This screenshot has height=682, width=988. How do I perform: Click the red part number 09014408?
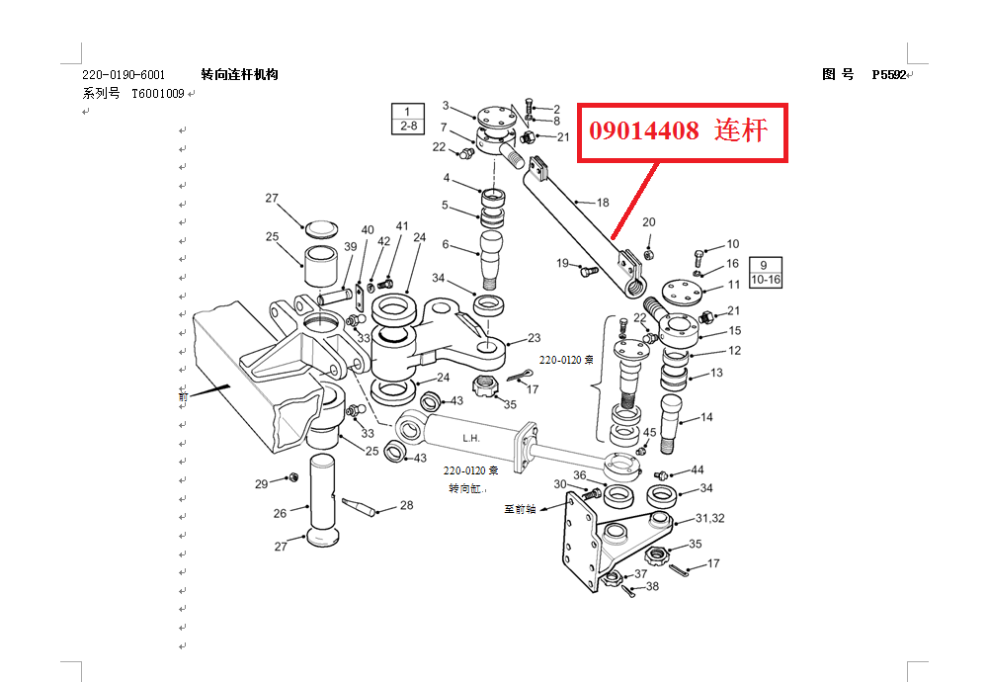tap(644, 130)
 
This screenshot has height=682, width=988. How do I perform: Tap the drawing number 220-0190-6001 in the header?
tap(123, 75)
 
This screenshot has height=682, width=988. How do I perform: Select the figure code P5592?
tap(888, 75)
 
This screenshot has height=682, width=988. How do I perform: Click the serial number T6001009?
tap(157, 94)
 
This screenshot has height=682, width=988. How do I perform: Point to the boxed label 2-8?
tap(408, 127)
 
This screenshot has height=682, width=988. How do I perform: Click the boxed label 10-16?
tap(766, 280)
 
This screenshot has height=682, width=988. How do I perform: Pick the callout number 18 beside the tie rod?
tap(603, 203)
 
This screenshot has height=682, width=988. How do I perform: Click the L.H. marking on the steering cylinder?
tap(471, 438)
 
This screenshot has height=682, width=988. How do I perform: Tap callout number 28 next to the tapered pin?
tap(406, 505)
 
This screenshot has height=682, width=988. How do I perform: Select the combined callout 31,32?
tap(710, 518)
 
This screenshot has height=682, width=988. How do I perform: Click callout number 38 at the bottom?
tap(652, 586)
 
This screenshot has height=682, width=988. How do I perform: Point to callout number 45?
tap(650, 432)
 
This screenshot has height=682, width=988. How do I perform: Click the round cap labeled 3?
tap(497, 118)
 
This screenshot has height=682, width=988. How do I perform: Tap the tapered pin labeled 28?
tap(360, 506)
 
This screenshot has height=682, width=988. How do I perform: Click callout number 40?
tap(368, 230)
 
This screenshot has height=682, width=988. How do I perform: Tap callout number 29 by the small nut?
tap(262, 484)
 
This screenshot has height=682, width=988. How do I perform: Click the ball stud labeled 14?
tap(672, 424)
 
